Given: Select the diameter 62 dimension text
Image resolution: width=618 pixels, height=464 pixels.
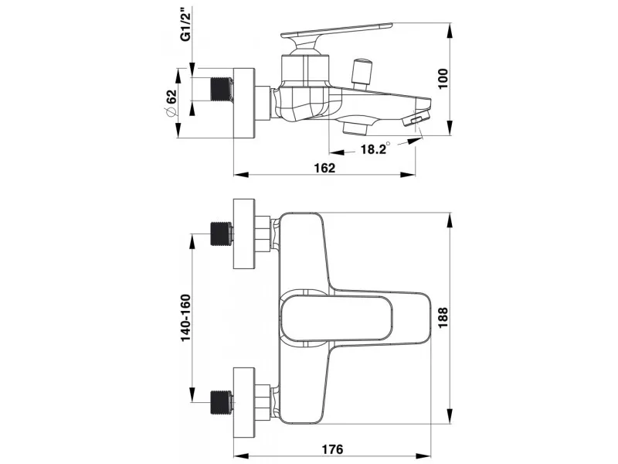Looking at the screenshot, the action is coord(171,103).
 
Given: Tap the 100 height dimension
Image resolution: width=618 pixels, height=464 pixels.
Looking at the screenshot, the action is coord(443,79).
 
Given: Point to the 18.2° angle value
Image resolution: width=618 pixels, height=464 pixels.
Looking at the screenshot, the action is coord(375,148).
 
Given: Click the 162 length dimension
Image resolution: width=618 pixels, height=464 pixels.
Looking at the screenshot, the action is coord(324,168).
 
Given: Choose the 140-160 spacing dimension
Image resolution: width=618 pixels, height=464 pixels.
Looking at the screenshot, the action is coord(185,318).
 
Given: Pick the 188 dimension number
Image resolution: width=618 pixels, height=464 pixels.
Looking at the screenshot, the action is coord(443,318).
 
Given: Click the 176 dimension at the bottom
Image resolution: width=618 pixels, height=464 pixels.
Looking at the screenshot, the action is coord(332,449).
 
